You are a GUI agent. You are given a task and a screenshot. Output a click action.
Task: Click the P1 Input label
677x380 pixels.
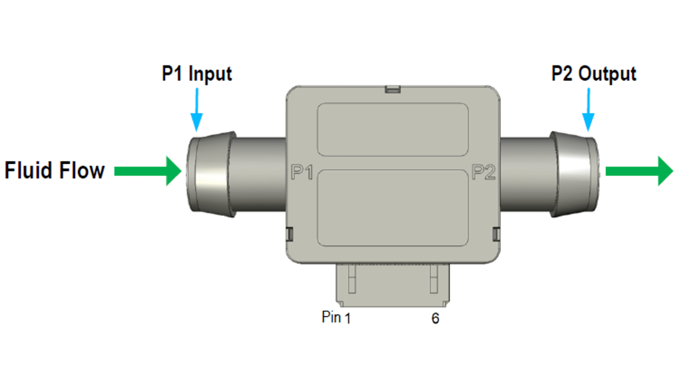[x=197, y=74]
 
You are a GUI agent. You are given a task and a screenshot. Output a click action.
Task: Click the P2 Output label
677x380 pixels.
[x=594, y=74]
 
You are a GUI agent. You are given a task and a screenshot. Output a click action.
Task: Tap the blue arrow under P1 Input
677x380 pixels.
[x=196, y=114]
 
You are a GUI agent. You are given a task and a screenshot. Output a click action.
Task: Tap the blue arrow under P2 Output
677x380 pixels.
[x=588, y=114]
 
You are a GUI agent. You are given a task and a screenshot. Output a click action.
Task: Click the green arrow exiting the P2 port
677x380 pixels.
[x=639, y=172]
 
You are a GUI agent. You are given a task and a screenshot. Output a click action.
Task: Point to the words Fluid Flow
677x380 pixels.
[x=55, y=170]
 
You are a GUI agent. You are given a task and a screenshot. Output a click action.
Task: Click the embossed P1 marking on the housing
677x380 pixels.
[x=301, y=173]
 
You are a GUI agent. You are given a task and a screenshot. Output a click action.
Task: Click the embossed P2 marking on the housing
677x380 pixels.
[x=483, y=172]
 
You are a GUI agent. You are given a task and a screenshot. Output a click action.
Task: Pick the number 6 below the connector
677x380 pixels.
[x=435, y=319]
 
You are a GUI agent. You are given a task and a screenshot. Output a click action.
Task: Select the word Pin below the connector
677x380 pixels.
[x=331, y=317]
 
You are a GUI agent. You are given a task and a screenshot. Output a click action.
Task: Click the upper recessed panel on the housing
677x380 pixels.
[x=392, y=129]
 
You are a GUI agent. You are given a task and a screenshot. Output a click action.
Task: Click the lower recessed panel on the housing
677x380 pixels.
[x=392, y=208]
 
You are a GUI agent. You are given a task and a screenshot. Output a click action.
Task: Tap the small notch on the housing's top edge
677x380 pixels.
[x=392, y=89]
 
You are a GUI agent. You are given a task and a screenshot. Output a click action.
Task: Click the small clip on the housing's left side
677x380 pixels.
[x=289, y=234]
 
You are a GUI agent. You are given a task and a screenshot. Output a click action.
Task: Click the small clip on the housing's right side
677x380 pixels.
[x=496, y=234]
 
